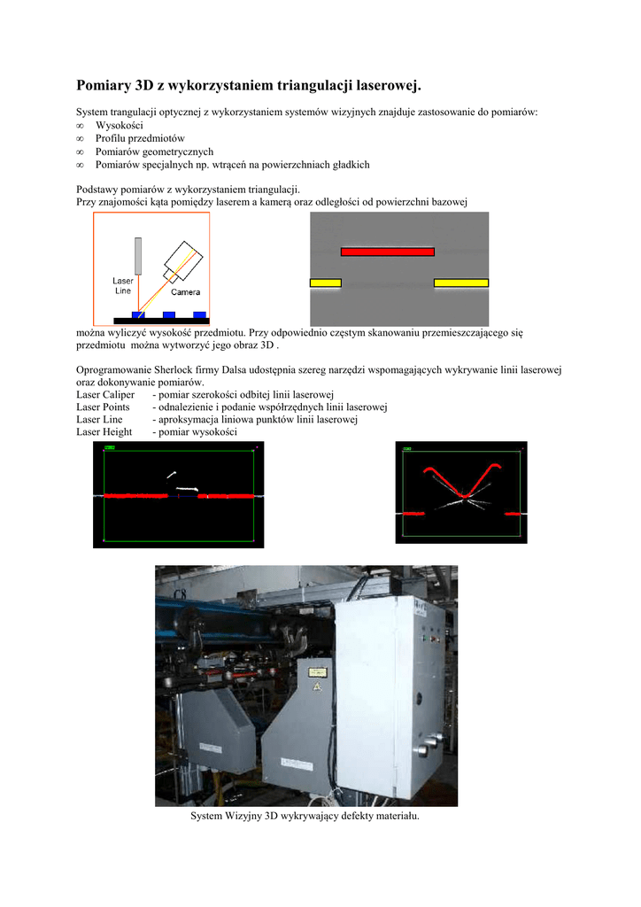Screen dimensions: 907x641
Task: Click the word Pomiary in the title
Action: click(102, 86)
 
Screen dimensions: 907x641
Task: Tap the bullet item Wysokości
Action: click(119, 126)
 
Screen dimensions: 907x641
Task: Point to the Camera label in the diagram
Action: click(185, 291)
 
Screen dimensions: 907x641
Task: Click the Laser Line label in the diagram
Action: click(123, 285)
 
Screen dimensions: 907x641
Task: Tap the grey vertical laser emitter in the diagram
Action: click(138, 255)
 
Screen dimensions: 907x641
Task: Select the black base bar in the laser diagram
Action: click(160, 320)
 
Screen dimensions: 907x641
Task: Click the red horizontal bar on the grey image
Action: click(387, 252)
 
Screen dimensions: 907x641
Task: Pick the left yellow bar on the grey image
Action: click(325, 283)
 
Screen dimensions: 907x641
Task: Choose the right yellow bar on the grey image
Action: click(460, 283)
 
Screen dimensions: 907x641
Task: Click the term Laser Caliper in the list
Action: click(105, 394)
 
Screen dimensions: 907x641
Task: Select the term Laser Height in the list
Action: click(104, 432)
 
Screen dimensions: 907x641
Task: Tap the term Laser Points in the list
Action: click(103, 407)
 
